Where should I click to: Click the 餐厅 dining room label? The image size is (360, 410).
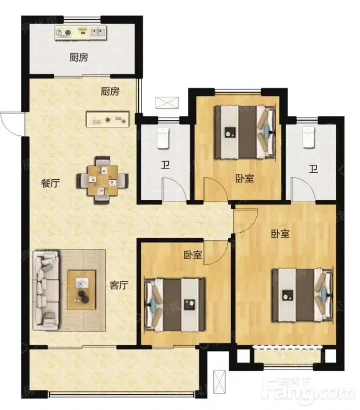coord(50,183)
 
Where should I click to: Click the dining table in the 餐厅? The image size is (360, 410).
coord(103,180)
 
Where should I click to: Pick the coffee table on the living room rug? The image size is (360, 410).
coord(81,290)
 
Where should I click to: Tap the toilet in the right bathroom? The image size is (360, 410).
coord(309,137)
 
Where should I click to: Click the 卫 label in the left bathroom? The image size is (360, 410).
coord(165,165)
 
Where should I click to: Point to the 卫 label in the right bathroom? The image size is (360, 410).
coord(313,169)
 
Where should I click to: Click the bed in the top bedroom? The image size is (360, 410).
coord(245,132)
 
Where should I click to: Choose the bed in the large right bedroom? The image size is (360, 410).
coord(303,295)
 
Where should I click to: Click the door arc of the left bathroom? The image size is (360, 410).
coord(175,189)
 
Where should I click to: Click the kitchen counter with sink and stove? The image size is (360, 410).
coord(81,33)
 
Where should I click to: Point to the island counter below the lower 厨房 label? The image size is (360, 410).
coord(108,119)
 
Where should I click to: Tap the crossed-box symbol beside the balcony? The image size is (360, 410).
coord(219,383)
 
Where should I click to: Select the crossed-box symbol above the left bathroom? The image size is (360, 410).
coord(167,103)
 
